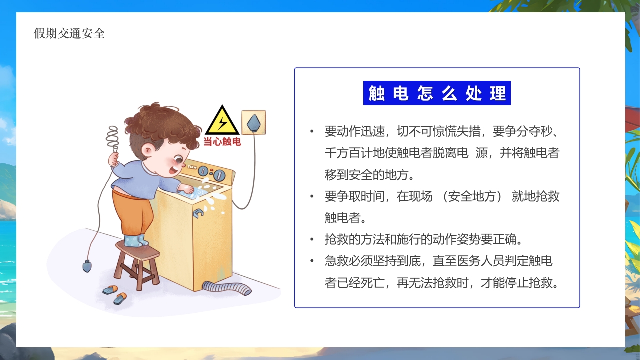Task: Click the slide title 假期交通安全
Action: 69,33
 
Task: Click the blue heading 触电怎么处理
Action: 437,93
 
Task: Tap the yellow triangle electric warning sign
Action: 222,121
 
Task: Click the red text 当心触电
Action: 222,142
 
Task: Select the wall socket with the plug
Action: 254,123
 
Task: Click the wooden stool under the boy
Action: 136,263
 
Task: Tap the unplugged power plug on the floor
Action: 87,265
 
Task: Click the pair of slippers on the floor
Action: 115,294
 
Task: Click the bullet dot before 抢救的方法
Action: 312,239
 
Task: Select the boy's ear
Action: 147,150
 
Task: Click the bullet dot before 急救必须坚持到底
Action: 312,261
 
